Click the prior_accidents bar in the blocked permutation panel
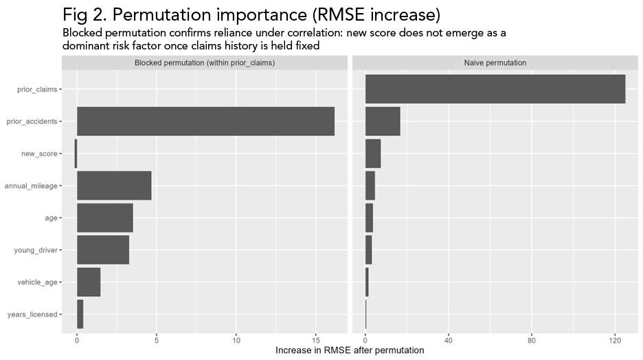coord(205,122)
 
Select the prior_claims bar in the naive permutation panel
coord(495,89)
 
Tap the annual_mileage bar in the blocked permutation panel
coord(114,185)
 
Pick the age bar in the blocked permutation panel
coord(104,218)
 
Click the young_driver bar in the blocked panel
coord(103,250)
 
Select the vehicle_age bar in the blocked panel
coord(89,282)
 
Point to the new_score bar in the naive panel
coord(373,153)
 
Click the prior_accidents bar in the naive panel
coord(383,122)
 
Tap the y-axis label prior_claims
coord(37,89)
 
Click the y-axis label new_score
coord(39,154)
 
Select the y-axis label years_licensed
coord(32,315)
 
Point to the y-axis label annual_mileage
coord(31,186)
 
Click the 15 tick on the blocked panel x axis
coord(316,339)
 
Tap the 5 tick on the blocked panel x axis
coord(157,339)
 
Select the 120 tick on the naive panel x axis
coord(614,339)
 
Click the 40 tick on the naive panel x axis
coord(448,339)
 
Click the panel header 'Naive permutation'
coord(495,63)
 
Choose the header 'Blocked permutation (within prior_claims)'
coord(205,63)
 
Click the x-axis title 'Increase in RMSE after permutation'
coord(350,350)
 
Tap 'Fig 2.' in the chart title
coord(84,14)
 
